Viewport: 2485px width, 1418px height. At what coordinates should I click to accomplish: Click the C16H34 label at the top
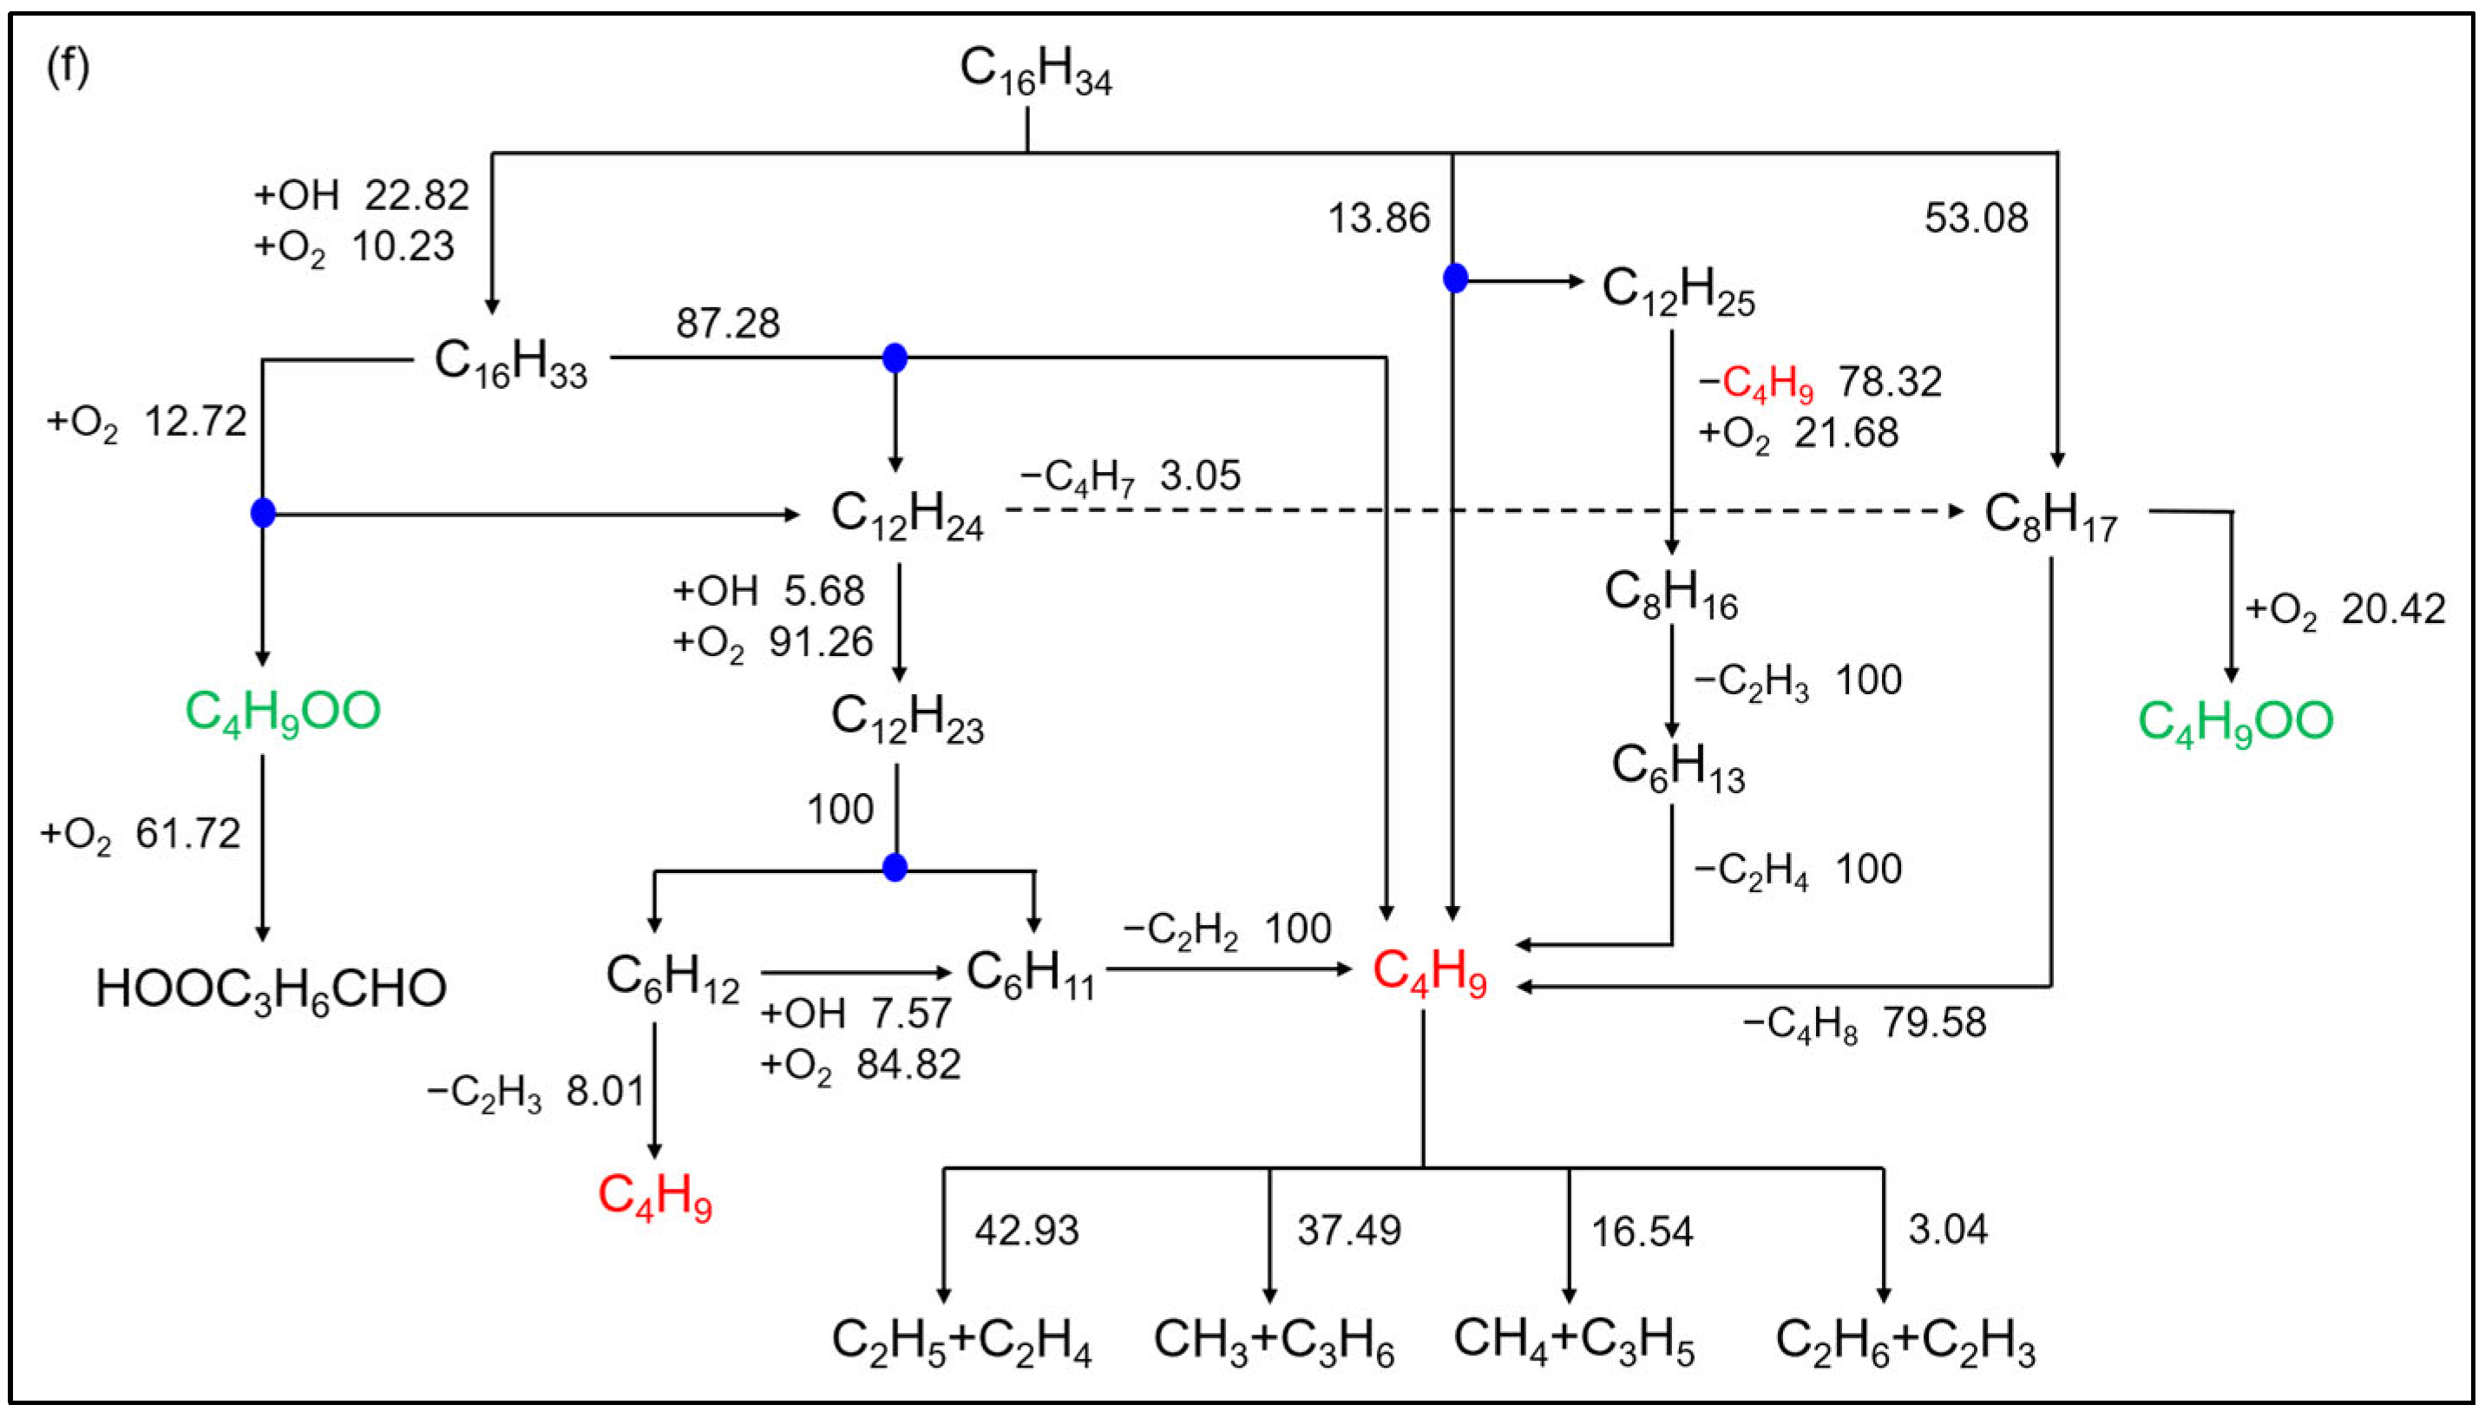point(1035,71)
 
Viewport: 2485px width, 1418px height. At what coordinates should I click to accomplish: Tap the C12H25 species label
point(1678,290)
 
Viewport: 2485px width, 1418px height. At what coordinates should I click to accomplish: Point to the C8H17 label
point(2049,516)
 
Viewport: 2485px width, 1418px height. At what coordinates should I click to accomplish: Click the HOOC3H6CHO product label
point(271,989)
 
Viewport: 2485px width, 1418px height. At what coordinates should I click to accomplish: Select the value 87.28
point(727,324)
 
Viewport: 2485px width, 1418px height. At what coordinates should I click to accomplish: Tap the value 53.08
point(1976,217)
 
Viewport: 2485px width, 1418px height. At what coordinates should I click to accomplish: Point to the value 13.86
point(1379,218)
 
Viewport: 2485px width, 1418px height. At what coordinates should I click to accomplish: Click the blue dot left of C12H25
point(1455,279)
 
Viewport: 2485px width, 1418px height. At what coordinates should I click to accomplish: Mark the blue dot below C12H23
point(895,867)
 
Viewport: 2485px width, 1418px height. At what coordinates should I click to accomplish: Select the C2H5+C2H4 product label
point(961,1341)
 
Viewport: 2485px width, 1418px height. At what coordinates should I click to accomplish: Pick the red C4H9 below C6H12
point(654,1196)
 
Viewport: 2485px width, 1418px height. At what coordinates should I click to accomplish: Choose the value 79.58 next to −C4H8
point(1934,1022)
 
